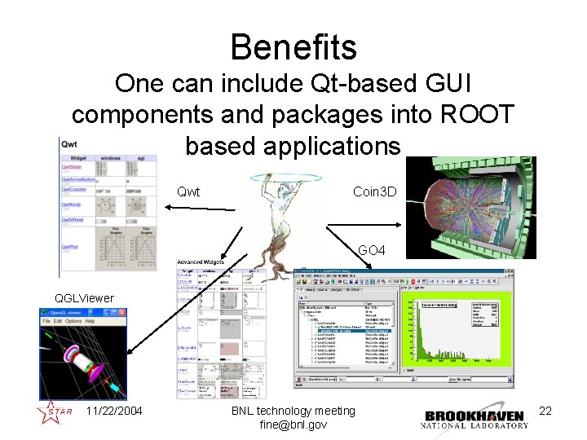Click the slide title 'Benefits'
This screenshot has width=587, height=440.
pos(293,46)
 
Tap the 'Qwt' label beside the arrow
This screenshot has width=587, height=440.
pos(189,193)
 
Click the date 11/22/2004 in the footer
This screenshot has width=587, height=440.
pos(113,411)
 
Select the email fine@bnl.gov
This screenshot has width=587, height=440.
pos(293,425)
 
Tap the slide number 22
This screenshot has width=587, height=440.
pos(545,411)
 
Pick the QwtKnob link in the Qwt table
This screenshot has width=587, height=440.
pos(71,205)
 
